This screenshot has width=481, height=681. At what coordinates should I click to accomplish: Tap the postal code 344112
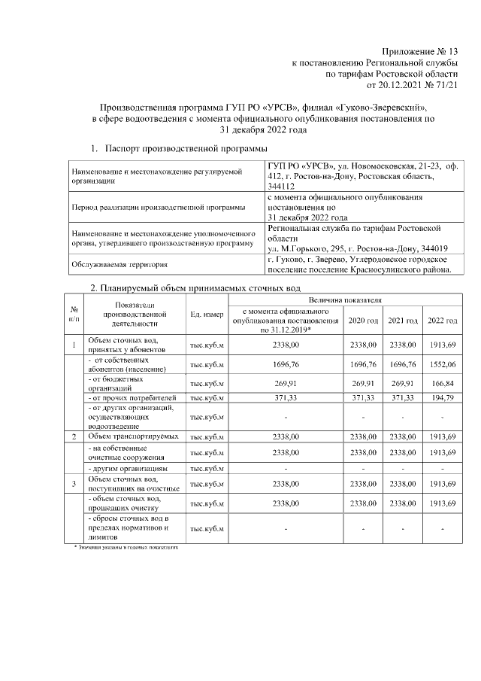coord(283,189)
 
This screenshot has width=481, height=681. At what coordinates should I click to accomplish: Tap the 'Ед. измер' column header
coord(207,315)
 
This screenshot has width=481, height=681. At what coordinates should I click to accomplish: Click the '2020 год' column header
coord(362,321)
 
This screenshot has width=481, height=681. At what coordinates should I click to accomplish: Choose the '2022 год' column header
coord(442,321)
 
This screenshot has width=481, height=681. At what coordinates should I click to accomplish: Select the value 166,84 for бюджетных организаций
coord(442,383)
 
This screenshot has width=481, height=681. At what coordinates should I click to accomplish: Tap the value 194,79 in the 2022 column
coord(442,397)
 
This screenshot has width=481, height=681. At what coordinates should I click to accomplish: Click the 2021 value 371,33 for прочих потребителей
coord(402,397)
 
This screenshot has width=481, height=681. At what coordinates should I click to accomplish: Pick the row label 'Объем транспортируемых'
coord(133,436)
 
